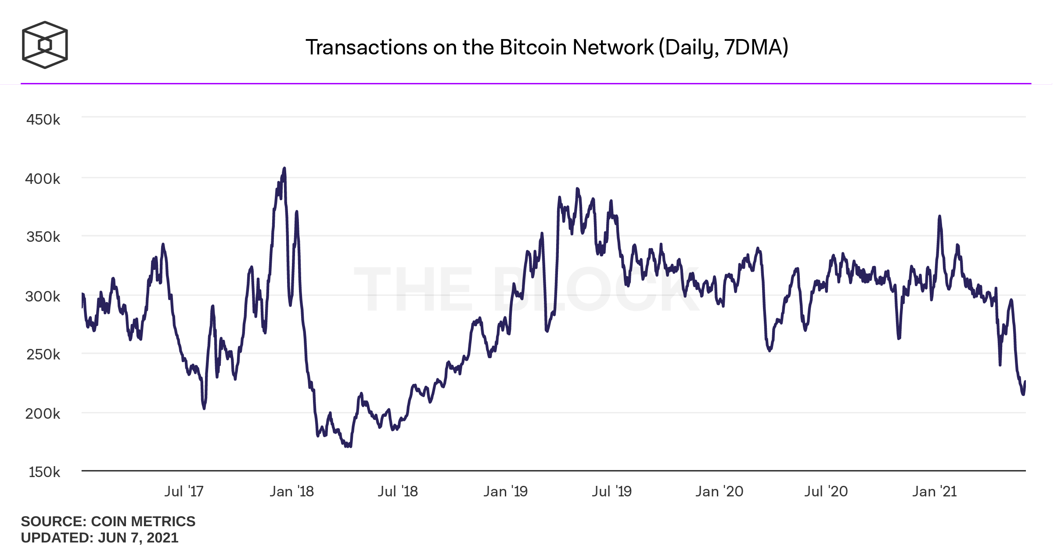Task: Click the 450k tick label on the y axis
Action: click(43, 119)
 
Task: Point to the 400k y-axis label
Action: click(43, 179)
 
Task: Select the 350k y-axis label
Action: click(43, 237)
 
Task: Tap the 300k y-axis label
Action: click(43, 296)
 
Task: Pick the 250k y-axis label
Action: click(43, 354)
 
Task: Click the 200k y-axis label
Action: click(43, 413)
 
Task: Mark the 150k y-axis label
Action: click(44, 472)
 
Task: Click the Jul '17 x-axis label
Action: click(184, 491)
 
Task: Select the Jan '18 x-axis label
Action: click(291, 491)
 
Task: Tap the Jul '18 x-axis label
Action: click(398, 491)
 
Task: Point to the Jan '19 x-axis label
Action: click(505, 491)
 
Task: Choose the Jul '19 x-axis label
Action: click(612, 491)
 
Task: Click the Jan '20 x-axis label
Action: click(719, 491)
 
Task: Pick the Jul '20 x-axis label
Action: click(826, 491)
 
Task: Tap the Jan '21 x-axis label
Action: click(934, 491)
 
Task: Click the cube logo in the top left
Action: click(45, 45)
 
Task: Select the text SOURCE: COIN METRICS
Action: click(108, 521)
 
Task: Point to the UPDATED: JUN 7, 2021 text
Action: click(100, 538)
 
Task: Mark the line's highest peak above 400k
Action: click(284, 168)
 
